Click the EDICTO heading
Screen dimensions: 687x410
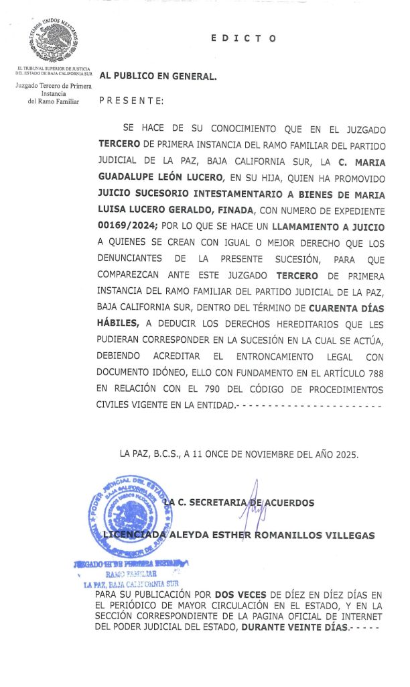pos(243,38)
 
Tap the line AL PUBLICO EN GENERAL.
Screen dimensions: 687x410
pos(158,76)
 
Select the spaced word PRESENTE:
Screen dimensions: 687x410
pos(131,101)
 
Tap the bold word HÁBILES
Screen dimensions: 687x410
pos(120,324)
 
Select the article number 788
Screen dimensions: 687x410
pos(372,372)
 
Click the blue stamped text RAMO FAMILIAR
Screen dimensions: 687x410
pos(132,574)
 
